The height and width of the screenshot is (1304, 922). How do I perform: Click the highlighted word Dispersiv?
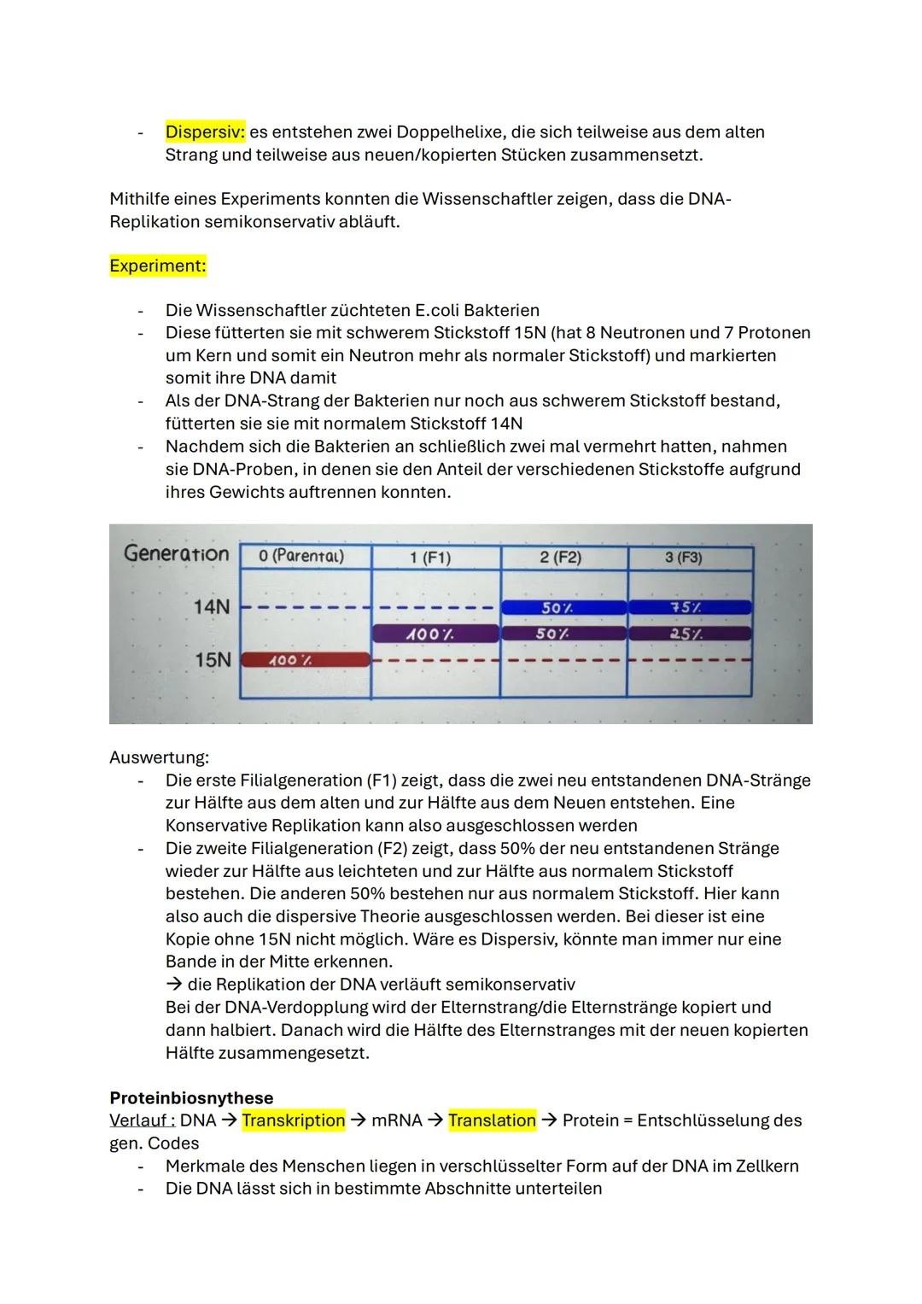(205, 132)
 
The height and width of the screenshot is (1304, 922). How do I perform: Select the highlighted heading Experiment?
(158, 266)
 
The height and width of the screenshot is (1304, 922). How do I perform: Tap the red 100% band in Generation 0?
(305, 660)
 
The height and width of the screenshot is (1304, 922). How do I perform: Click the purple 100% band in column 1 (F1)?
(435, 634)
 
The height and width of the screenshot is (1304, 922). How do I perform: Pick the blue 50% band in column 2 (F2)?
(563, 608)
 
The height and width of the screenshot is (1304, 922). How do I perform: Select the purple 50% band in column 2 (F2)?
(563, 634)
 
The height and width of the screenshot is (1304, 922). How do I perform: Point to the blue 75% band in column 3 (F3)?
(690, 608)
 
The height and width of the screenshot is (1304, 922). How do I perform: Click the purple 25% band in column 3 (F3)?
(690, 634)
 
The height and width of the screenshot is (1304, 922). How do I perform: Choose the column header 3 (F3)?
(683, 558)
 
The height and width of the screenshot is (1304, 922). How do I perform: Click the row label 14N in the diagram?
(211, 607)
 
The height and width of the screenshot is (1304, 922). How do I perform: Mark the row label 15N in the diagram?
(212, 660)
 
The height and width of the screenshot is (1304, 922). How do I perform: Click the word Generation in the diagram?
(177, 553)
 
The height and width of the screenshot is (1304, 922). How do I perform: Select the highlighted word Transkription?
(294, 1120)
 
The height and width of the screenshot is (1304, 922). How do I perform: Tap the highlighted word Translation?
(492, 1120)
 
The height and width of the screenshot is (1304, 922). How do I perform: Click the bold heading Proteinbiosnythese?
(191, 1098)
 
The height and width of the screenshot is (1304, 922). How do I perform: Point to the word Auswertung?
(159, 757)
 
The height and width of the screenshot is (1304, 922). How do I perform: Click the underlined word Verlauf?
(139, 1120)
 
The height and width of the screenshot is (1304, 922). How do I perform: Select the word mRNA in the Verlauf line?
(397, 1120)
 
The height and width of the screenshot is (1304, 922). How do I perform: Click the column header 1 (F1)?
(429, 558)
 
